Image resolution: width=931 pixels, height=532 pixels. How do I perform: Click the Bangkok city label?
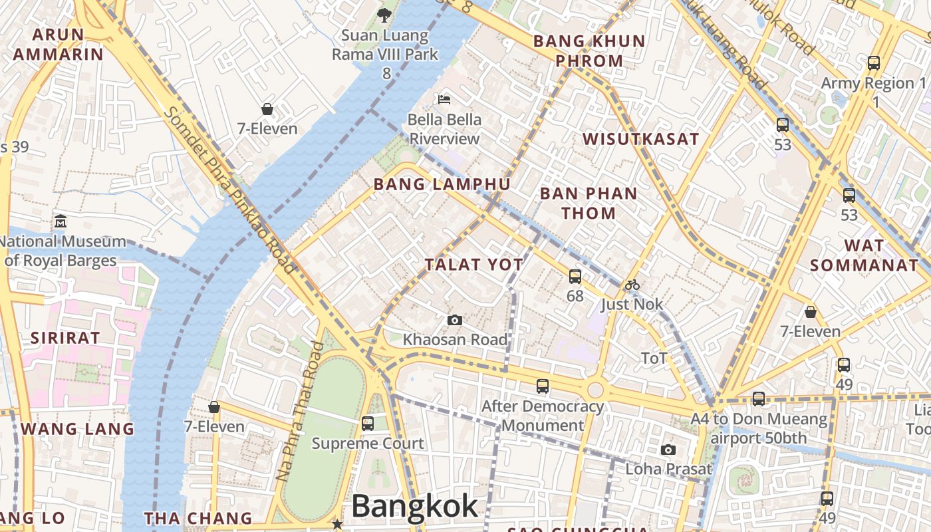tap(414, 506)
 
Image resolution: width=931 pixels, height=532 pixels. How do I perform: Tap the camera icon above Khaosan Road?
tap(455, 321)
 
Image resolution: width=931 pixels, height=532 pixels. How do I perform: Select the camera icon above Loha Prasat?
tap(668, 450)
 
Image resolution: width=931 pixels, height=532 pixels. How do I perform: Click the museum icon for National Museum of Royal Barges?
tap(61, 221)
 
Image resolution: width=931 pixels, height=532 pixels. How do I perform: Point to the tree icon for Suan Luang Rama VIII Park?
tap(384, 15)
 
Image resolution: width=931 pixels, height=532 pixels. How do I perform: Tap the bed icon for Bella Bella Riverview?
tap(444, 100)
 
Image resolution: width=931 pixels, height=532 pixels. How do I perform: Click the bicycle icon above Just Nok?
tap(632, 285)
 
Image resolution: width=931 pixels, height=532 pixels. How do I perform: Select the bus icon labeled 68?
tap(575, 277)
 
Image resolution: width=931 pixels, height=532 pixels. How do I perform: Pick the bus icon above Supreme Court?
tap(367, 424)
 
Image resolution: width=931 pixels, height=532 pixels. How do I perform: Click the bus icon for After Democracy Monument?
tap(543, 386)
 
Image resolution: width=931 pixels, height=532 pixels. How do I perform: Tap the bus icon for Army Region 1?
tap(874, 63)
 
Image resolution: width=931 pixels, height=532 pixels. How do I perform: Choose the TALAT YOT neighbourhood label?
tap(474, 265)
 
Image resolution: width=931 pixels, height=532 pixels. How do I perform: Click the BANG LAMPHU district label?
tap(442, 185)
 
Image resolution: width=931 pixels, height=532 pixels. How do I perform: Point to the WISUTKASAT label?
tap(640, 139)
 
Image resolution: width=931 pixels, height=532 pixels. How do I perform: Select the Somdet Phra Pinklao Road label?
tap(229, 190)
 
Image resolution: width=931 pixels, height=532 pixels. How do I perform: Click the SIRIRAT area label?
tap(65, 338)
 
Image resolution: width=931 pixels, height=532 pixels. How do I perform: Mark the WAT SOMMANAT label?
tap(864, 255)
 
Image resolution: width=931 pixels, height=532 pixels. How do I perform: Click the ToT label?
tap(654, 358)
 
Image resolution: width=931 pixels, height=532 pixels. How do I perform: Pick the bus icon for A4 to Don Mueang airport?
tap(759, 399)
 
